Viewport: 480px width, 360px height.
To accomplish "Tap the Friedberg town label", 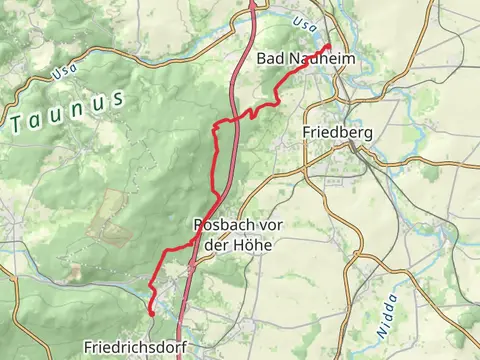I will click(x=337, y=132).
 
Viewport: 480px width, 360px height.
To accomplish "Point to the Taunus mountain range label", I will click(x=67, y=111).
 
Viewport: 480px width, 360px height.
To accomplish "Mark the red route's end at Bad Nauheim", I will click(x=328, y=45).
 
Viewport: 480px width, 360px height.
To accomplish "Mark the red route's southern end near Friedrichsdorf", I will click(x=151, y=313).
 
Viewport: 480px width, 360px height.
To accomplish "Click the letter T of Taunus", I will click(x=18, y=124).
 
